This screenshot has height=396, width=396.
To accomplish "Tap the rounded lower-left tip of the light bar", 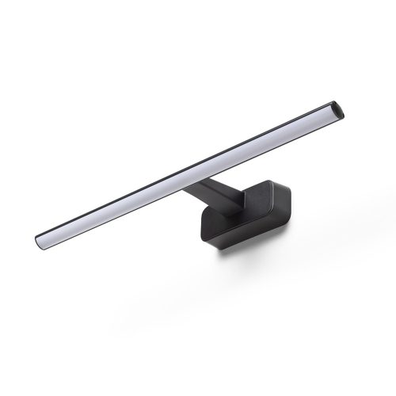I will coord(40,239).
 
